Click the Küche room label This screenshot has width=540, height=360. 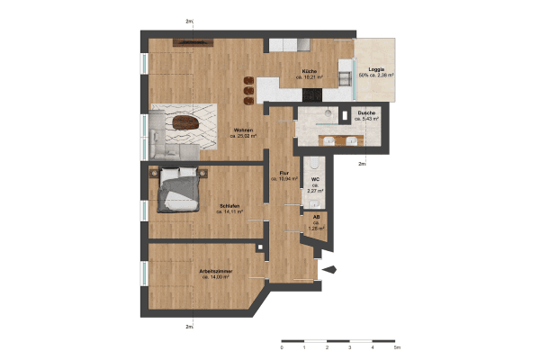308,72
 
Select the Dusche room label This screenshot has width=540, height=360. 365,114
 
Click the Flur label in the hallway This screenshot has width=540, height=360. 283,173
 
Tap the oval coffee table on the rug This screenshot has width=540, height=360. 185,122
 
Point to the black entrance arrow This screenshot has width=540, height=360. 328,268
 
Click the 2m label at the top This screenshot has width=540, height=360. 189,21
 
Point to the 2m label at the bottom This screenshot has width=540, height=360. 189,326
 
